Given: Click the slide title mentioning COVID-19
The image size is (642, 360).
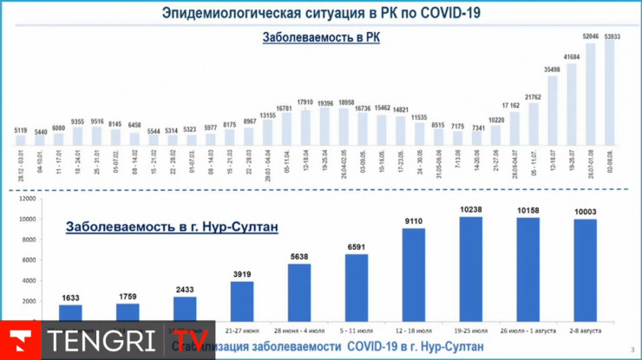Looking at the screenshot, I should click(321, 13).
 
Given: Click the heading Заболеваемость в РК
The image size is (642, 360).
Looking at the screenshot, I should click(321, 38).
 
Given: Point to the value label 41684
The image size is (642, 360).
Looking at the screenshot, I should click(572, 56).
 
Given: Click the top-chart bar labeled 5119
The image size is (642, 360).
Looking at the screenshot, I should click(21, 140).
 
